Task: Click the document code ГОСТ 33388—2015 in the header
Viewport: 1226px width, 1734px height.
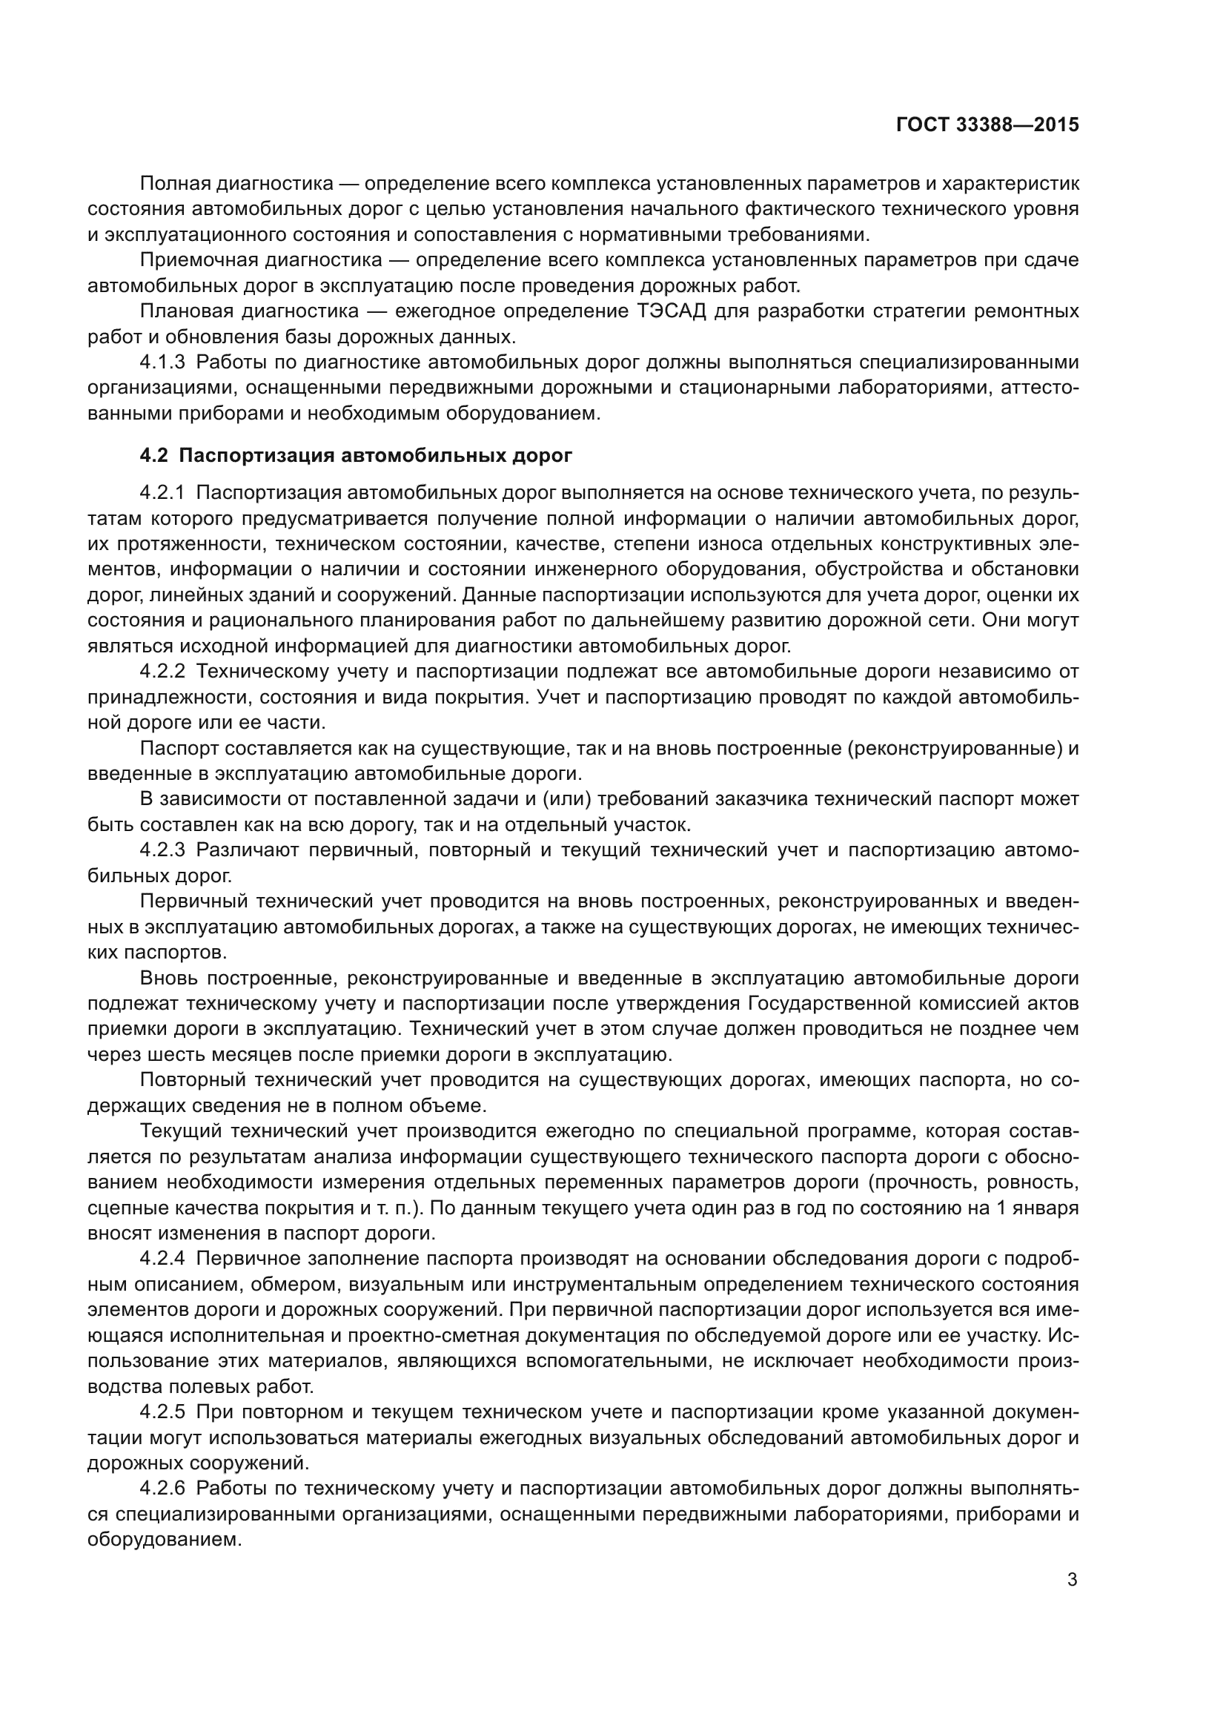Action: pyautogui.click(x=987, y=125)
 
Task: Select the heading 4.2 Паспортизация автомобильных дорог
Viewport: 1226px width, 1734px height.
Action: pyautogui.click(x=356, y=455)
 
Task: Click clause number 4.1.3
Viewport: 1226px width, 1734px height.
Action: pyautogui.click(x=162, y=363)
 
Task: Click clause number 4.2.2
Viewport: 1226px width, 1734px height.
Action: pyautogui.click(x=162, y=672)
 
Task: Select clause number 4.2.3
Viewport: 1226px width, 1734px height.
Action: pyautogui.click(x=162, y=850)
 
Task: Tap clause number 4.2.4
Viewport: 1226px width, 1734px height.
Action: pyautogui.click(x=162, y=1258)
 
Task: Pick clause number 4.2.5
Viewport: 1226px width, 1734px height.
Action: pyautogui.click(x=162, y=1412)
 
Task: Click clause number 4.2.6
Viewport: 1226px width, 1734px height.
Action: pyautogui.click(x=162, y=1489)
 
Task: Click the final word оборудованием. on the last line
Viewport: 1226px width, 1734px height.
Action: pyautogui.click(x=164, y=1540)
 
